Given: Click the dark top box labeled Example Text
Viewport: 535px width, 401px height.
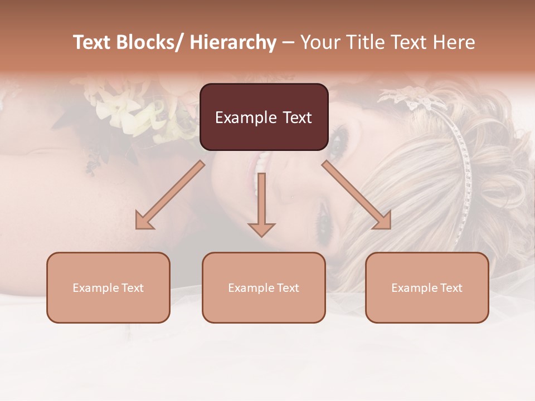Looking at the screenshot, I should pos(264,117).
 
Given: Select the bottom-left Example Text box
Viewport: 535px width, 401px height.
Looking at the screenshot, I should pos(108,287).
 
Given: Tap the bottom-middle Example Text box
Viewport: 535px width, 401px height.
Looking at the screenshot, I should pos(264,287).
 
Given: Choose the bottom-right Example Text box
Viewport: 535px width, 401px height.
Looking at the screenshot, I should pos(427,287).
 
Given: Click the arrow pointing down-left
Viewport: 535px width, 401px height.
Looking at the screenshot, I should pos(173,193).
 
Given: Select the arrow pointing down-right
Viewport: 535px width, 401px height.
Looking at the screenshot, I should pos(354,193).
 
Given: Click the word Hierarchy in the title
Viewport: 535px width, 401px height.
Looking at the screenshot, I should pos(233,42).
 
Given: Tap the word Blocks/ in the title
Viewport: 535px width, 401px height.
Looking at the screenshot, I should pos(150,42).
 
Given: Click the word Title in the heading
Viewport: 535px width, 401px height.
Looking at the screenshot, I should pos(365,42).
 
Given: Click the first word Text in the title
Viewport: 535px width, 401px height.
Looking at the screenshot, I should pos(92,42).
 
